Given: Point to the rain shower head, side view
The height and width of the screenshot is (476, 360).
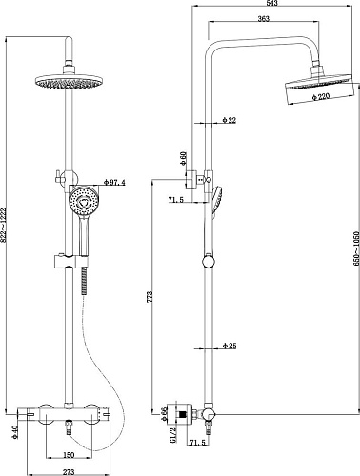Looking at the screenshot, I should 311,87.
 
